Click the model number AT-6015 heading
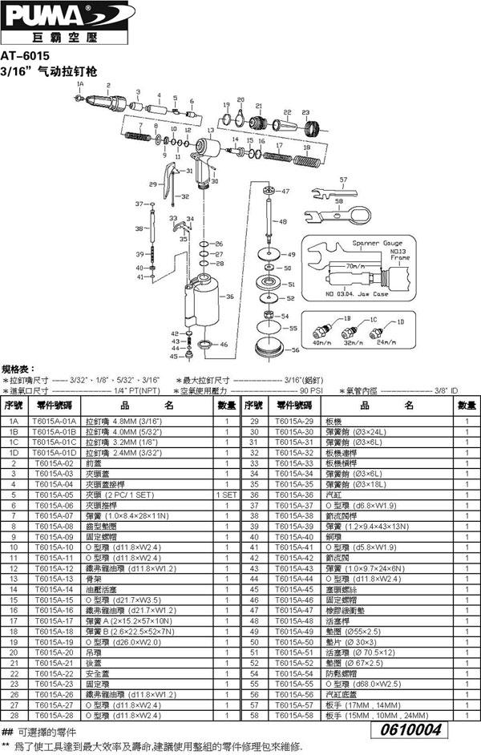click(x=26, y=57)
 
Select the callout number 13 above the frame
click(x=210, y=130)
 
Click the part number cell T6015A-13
click(x=55, y=578)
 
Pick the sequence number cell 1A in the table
click(x=14, y=421)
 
